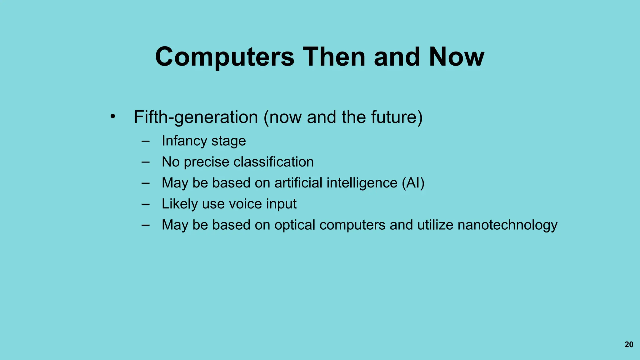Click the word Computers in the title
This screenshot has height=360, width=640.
[x=225, y=57]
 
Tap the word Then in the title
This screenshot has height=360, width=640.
[x=334, y=57]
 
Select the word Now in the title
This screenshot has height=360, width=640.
[x=457, y=57]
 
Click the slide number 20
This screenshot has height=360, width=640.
[x=629, y=344]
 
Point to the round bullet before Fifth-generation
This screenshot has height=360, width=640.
[x=113, y=117]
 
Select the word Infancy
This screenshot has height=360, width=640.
[x=184, y=141]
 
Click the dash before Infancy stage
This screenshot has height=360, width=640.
[x=145, y=141]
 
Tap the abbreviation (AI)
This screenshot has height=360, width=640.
[x=413, y=183]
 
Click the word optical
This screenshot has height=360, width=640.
[x=295, y=225]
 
